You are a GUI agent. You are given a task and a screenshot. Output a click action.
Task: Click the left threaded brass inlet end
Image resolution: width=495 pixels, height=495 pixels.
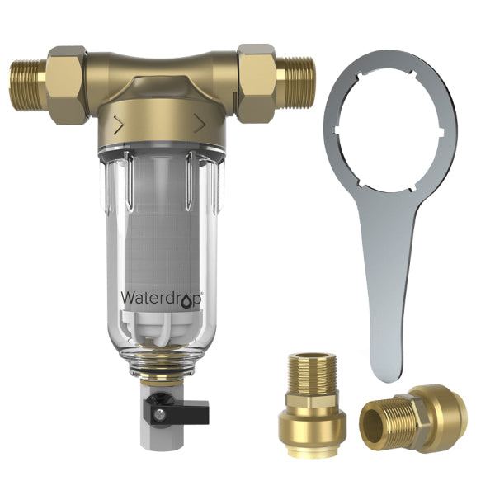27,85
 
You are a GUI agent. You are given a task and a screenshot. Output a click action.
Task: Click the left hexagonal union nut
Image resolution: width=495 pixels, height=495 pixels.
66,84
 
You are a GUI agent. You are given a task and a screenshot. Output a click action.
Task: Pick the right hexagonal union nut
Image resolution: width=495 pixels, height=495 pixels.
257,82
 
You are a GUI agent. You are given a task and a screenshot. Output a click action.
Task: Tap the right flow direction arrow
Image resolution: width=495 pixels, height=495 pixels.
200,123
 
